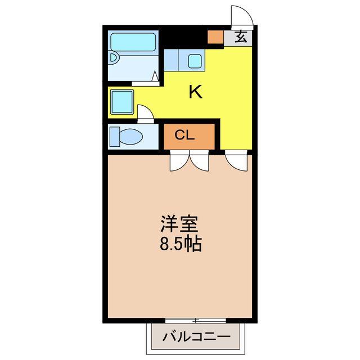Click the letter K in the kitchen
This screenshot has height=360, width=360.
pyautogui.click(x=195, y=92)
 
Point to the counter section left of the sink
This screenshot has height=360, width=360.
pyautogui.click(x=172, y=58)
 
